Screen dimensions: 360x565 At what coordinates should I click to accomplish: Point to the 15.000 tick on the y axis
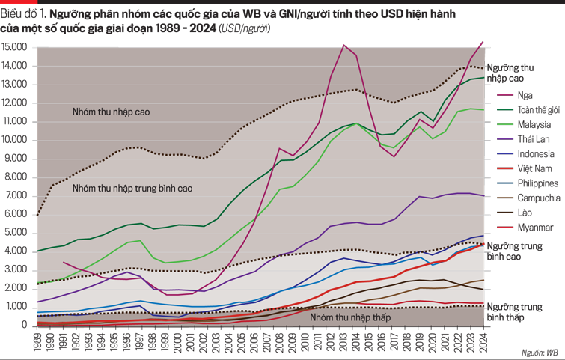coord(16,47)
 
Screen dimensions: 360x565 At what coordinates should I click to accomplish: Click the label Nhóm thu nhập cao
coord(112,112)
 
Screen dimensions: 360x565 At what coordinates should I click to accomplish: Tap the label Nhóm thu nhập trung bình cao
coord(132,189)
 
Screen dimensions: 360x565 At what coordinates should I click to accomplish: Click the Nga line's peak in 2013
coord(343,45)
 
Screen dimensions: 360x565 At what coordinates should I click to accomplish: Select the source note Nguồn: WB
coord(541,350)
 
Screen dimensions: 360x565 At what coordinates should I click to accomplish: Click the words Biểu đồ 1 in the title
coord(22,13)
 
